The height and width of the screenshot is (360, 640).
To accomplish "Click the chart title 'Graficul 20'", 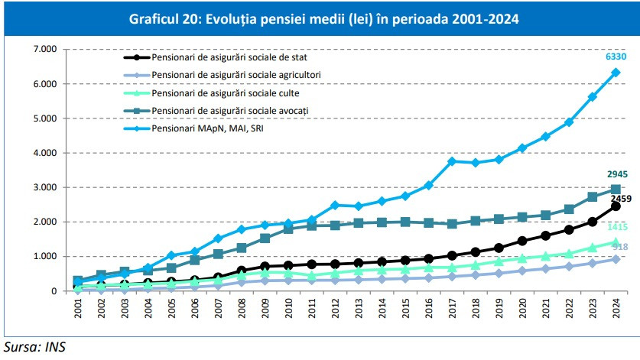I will [320, 19].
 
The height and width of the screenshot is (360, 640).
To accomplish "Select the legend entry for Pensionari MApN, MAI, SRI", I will [200, 129].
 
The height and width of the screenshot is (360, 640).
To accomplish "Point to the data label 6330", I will [616, 57].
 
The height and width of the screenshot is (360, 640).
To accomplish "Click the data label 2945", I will [616, 174].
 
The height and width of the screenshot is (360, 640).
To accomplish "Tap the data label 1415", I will [616, 227].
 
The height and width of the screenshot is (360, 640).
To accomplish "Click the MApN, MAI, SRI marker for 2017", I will [452, 161].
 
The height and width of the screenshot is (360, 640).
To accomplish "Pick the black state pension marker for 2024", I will [616, 206].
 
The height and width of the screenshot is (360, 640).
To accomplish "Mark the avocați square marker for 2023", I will [593, 196].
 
